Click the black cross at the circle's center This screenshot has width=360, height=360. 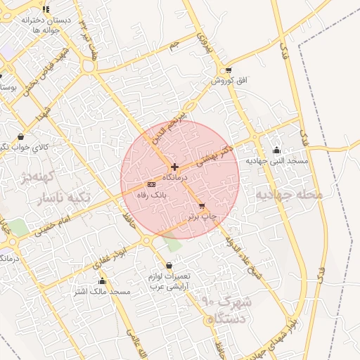point(174,167)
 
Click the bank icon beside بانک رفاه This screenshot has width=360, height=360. point(151,184)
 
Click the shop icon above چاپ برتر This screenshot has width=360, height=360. point(202,207)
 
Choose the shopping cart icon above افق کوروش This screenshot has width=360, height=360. point(229,70)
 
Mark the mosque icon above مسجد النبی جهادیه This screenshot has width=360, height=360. point(276,150)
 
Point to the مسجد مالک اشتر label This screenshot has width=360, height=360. point(103,291)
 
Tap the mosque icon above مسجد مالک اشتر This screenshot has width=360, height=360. point(103,281)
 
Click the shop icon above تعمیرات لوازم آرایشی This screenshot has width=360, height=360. point(169,266)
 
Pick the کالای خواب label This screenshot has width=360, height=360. point(34,147)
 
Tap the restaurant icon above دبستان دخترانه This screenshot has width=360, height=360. point(46,9)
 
